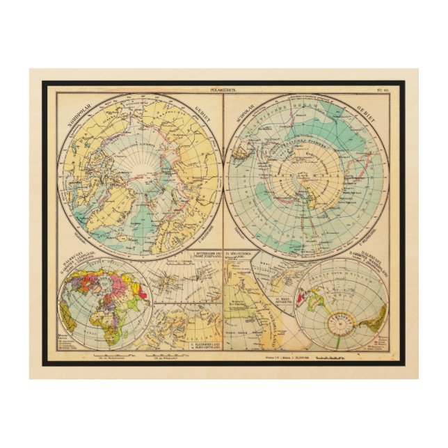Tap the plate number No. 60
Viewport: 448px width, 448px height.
pyautogui.click(x=382, y=89)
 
